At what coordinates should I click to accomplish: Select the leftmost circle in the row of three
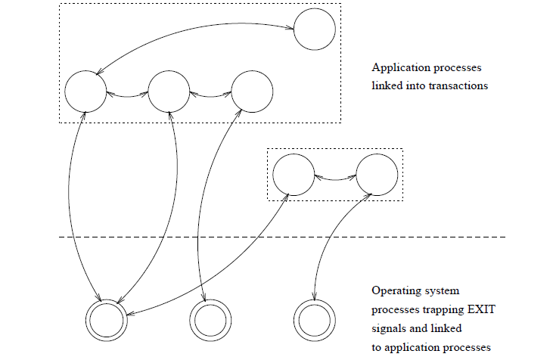(x=85, y=92)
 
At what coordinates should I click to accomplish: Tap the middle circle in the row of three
(x=169, y=92)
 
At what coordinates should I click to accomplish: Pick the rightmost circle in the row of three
(x=252, y=92)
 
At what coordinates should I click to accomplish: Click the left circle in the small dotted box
(x=293, y=175)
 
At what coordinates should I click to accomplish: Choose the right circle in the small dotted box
(x=376, y=175)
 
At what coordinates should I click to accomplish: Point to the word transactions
(x=458, y=85)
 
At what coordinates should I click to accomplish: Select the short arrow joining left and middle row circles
(x=127, y=95)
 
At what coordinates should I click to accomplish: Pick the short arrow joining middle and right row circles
(x=210, y=95)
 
